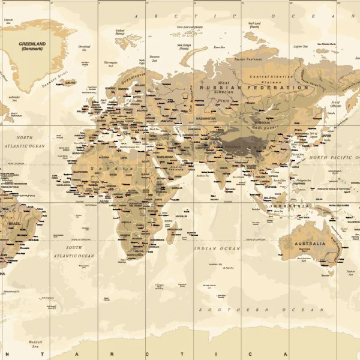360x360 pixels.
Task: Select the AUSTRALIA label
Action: point(310,244)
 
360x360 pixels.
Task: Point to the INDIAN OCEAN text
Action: point(217,248)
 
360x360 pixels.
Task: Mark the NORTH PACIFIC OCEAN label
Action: point(334,157)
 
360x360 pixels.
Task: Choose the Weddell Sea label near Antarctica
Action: point(34,344)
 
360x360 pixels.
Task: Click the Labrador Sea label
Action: point(15,98)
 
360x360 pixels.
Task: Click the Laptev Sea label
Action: point(301,46)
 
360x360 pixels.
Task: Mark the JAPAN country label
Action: point(326,135)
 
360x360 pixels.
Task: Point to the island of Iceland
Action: point(70,82)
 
